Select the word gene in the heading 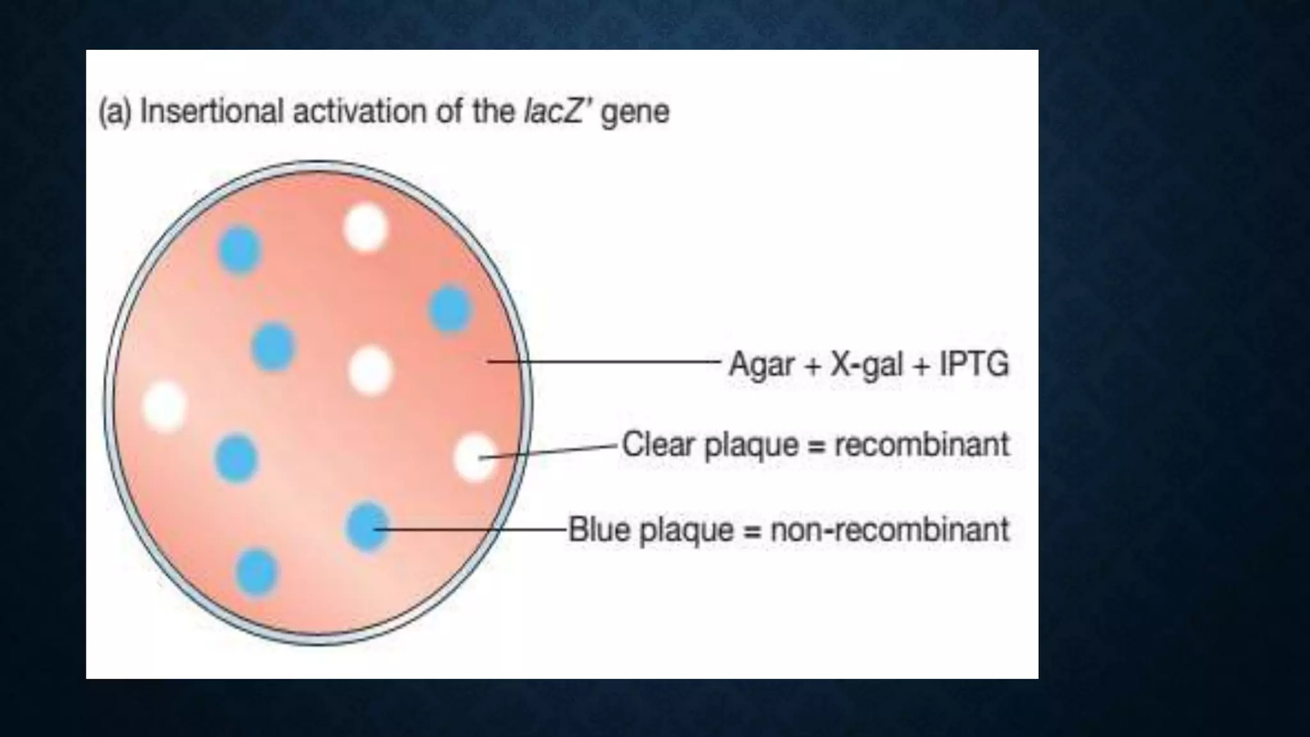pos(635,113)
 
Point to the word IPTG pos(974,365)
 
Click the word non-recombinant pos(890,530)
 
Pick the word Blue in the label pos(599,530)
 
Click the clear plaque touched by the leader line pos(474,457)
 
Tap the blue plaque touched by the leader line pos(367,527)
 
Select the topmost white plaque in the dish pos(365,228)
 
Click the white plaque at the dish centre pos(370,370)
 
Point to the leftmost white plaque pos(165,406)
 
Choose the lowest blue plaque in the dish pos(256,572)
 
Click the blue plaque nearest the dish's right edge pos(450,309)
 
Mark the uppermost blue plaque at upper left pos(240,250)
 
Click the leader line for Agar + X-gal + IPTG pos(604,362)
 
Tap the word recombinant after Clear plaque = pos(922,445)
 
